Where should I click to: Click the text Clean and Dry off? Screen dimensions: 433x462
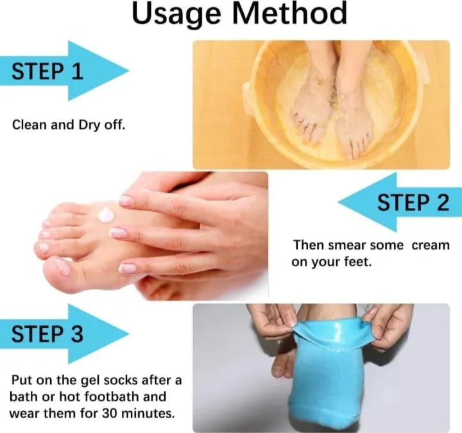tap(69, 124)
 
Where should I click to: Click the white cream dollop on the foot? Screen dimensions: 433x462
tap(105, 214)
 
